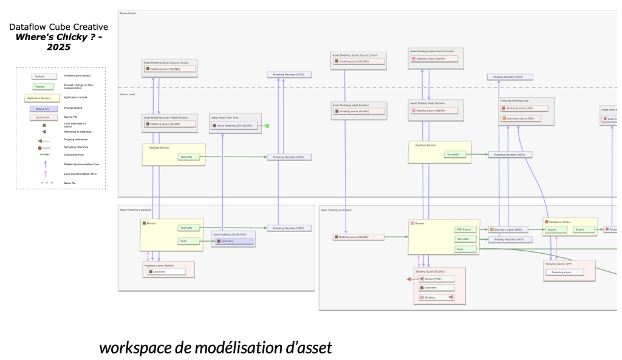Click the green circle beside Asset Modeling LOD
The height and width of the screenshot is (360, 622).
point(267,126)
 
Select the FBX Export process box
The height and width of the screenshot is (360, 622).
point(463,229)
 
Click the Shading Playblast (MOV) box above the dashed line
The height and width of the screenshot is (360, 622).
point(510,77)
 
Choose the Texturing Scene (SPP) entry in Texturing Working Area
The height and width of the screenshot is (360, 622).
point(524,108)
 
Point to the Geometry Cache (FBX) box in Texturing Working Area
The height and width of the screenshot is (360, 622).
point(524,118)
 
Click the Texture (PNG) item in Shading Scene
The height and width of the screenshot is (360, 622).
point(437,279)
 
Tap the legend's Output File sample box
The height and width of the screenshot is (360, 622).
point(39,108)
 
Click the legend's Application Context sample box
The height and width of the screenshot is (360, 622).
point(41,97)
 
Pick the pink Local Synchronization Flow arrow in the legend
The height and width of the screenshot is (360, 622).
point(46,174)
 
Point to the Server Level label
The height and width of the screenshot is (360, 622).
point(128,95)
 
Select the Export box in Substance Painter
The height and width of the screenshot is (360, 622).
point(580,229)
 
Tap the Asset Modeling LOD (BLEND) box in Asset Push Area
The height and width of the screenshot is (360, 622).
point(234,126)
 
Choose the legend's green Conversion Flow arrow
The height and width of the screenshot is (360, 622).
point(46,155)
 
